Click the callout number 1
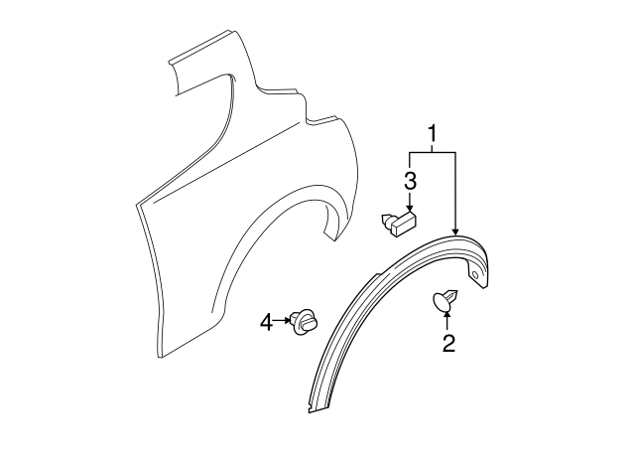[433, 134]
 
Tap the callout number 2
[448, 343]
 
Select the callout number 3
[410, 181]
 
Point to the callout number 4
[267, 323]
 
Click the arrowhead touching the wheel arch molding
[455, 232]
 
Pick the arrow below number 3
[410, 202]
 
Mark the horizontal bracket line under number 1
[433, 152]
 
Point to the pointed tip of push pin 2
[457, 291]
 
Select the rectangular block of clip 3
[405, 225]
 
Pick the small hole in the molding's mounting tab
[476, 276]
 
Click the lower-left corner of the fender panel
[159, 358]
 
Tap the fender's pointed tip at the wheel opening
[335, 240]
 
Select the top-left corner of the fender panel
[170, 62]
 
